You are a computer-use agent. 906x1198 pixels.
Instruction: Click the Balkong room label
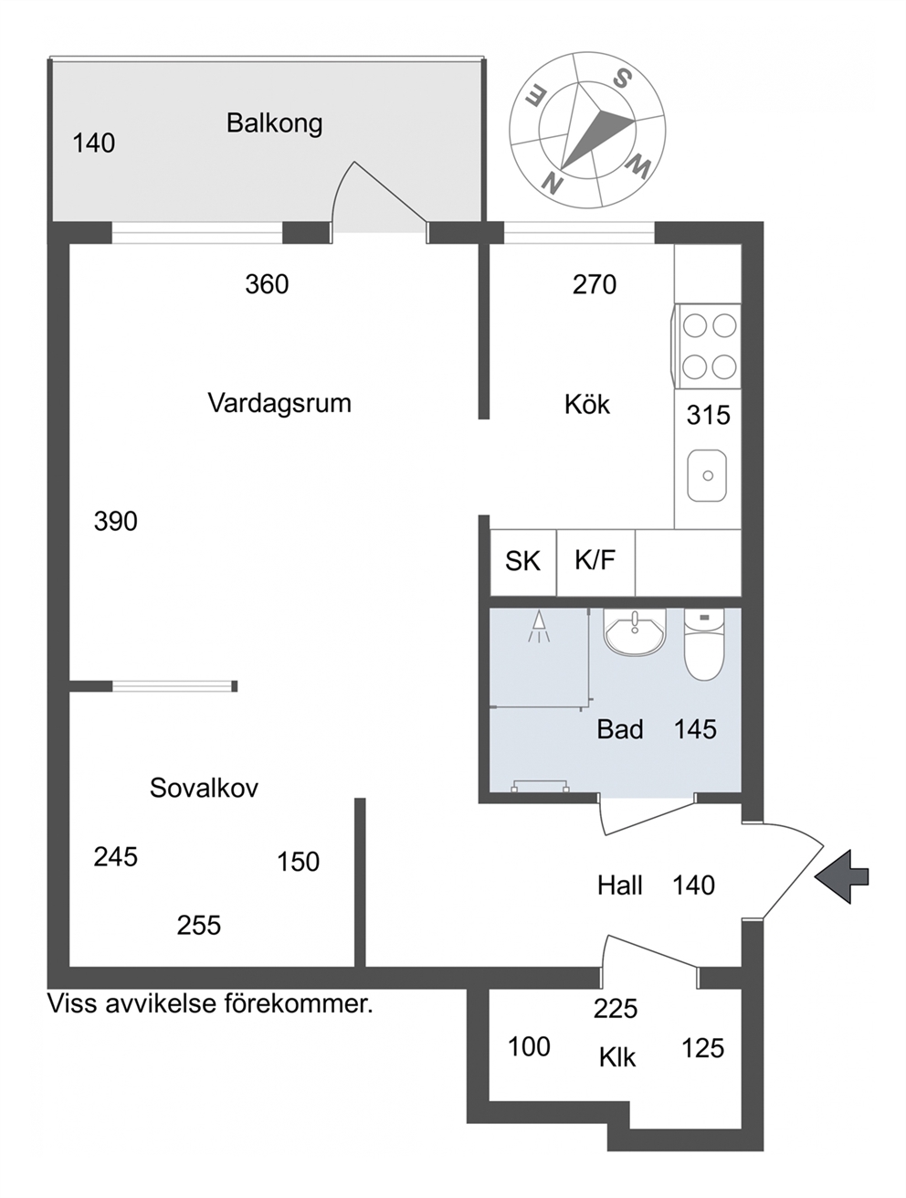coord(274,123)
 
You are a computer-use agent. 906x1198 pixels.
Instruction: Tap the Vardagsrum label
coord(279,403)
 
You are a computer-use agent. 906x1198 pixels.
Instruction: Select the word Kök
coord(587,405)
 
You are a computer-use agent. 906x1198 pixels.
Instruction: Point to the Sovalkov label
coord(204,788)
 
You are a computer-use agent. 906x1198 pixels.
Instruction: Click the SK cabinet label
coord(522,561)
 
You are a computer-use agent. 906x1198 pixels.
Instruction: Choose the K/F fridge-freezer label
coord(595,559)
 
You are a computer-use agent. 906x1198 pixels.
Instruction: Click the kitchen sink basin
coord(707,475)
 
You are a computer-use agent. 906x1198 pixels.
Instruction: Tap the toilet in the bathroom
coord(704,644)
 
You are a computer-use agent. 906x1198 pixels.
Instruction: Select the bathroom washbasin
coord(635,631)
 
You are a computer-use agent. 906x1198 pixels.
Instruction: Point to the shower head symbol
coord(539,627)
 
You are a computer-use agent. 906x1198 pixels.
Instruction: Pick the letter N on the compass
coord(553,181)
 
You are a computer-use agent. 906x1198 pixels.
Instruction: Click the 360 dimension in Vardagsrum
coord(267,284)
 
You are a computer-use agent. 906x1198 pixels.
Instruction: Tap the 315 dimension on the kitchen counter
coord(708,415)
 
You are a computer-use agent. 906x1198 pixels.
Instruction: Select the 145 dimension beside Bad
coord(695,729)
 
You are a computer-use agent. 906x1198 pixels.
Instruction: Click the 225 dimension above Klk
coord(616,1009)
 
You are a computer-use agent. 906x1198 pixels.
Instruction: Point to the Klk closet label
coord(616,1057)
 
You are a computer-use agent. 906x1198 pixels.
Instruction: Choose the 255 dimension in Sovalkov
coord(198,925)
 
